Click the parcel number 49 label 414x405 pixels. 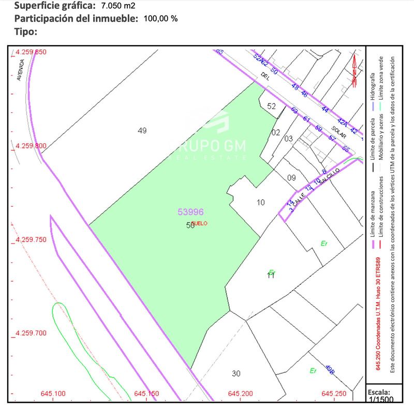click(x=142, y=131)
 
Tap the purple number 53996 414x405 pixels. click(x=190, y=212)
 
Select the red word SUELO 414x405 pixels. click(x=199, y=223)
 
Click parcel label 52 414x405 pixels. click(x=272, y=106)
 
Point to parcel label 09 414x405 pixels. click(x=291, y=178)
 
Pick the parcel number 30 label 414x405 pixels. click(x=236, y=373)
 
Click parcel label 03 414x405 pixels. click(x=289, y=139)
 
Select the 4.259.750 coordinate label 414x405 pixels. click(x=31, y=240)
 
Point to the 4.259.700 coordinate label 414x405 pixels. click(x=31, y=333)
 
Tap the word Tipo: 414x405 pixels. click(x=26, y=32)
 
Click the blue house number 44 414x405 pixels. click(x=325, y=110)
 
